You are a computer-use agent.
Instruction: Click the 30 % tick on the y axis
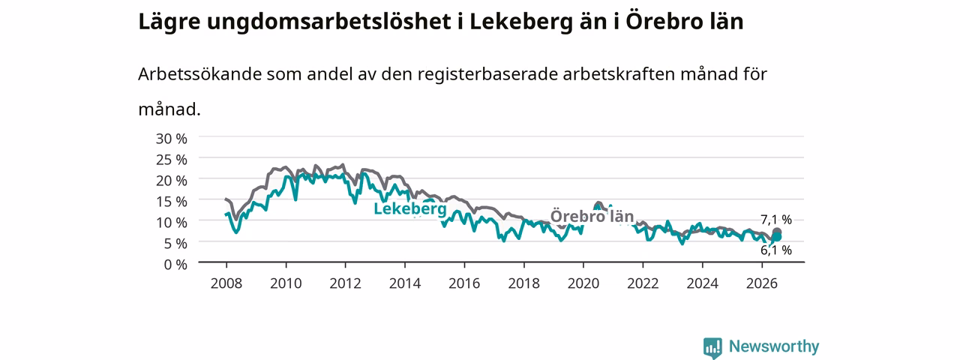click(172, 139)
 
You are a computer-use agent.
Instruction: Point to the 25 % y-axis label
click(172, 160)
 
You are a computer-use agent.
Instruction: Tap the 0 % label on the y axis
click(175, 265)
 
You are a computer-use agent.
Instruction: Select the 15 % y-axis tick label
click(172, 202)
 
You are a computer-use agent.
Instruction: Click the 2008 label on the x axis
click(226, 283)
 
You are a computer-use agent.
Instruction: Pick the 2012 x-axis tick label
click(346, 283)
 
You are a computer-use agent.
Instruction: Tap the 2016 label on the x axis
click(464, 283)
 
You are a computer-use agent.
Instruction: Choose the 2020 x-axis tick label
click(583, 283)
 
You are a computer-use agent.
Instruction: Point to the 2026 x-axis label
click(762, 283)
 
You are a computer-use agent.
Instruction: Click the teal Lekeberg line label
click(410, 208)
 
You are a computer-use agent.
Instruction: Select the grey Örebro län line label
click(592, 216)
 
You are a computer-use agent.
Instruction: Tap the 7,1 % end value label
click(776, 220)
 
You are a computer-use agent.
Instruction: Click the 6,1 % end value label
click(776, 250)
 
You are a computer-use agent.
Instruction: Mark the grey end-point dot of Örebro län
click(776, 232)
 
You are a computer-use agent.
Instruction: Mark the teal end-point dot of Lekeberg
click(776, 237)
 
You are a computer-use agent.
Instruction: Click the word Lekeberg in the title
click(521, 22)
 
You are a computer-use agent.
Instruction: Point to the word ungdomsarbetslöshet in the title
click(328, 22)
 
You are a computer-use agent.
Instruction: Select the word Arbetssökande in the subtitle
click(199, 74)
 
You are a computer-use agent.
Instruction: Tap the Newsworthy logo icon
click(712, 347)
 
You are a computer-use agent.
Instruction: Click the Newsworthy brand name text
click(774, 346)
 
